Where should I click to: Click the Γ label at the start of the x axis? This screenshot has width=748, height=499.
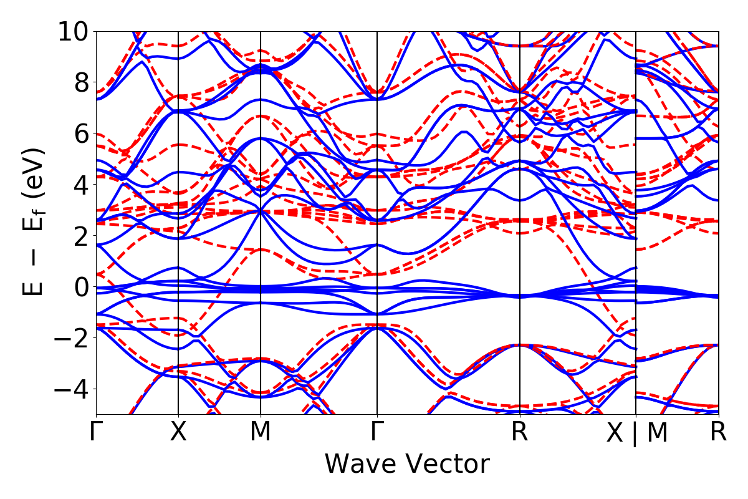(96, 432)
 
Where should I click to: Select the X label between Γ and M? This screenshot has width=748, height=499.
(178, 432)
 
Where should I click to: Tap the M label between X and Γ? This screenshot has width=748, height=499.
(260, 432)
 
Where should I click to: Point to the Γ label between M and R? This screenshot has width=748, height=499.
(377, 432)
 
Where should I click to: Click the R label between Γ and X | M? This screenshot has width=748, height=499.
(520, 432)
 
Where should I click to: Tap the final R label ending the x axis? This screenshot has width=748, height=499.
(719, 432)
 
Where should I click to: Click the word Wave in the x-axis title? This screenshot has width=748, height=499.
(358, 465)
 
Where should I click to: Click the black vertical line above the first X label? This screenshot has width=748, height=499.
(178, 187)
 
